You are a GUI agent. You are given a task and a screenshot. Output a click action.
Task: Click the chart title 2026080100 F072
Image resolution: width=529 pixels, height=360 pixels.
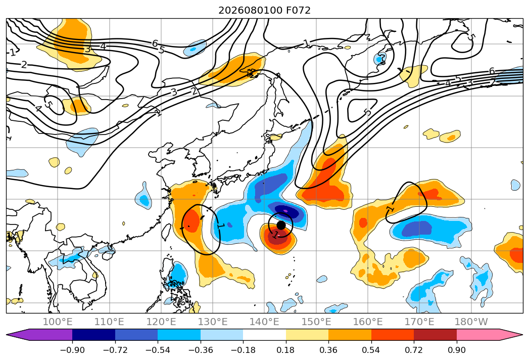point(265,10)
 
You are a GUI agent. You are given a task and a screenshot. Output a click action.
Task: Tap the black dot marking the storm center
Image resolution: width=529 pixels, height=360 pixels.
point(281,225)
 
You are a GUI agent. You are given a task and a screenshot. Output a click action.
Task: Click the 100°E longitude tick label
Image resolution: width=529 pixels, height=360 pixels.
point(58,322)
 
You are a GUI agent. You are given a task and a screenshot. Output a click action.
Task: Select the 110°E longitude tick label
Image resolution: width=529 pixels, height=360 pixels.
point(109,322)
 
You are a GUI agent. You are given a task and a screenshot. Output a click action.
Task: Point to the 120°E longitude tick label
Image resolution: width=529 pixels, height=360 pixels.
point(161,322)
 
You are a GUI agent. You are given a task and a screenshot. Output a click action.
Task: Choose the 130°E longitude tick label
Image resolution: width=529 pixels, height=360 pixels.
point(213,322)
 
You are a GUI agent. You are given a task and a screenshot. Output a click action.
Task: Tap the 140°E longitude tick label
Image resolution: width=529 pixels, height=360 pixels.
point(264,322)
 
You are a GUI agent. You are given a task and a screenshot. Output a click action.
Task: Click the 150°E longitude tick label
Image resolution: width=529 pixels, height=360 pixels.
point(316,322)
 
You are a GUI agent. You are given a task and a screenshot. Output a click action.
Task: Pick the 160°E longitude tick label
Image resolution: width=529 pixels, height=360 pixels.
point(368,322)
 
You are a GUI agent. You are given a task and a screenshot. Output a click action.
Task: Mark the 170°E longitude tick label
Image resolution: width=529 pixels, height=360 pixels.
point(419,322)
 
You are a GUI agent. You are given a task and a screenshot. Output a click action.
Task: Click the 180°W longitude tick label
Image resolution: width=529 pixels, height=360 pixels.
point(471,322)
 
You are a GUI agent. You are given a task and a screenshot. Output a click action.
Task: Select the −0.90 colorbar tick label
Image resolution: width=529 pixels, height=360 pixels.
point(72,350)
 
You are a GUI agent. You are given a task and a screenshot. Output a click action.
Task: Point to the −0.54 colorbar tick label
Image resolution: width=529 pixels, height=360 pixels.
point(158,350)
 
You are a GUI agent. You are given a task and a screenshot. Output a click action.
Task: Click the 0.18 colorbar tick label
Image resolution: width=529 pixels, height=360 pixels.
point(286,350)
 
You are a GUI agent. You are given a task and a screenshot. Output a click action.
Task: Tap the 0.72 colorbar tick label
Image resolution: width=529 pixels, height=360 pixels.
point(414,350)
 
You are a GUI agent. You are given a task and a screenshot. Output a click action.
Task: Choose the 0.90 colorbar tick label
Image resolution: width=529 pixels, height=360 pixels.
point(456,350)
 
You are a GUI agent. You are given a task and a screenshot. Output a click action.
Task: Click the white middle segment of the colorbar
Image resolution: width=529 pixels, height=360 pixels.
point(265,334)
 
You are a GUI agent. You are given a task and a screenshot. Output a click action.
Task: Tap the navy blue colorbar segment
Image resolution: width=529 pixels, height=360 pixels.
point(93,334)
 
